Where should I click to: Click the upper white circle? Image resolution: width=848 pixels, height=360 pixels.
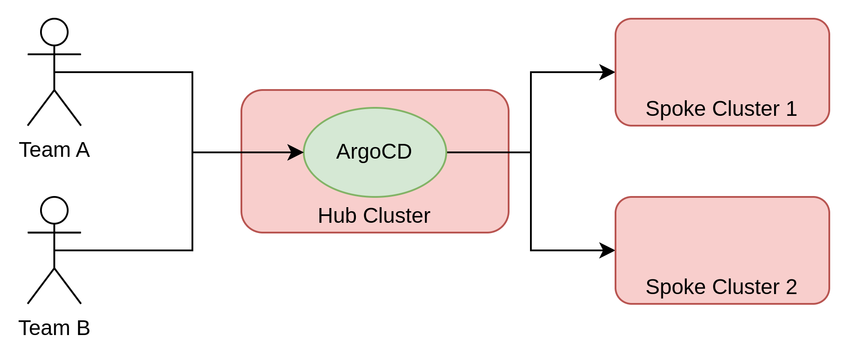coord(54,32)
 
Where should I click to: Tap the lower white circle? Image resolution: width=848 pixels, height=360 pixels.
coord(54,210)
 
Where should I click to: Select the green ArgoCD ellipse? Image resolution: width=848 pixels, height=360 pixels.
coord(375,178)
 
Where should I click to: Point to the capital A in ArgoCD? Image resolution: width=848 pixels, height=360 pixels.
coord(343,152)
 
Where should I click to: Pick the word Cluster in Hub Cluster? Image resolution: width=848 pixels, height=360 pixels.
coord(396,216)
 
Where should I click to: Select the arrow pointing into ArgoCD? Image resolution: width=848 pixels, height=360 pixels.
coord(267,152)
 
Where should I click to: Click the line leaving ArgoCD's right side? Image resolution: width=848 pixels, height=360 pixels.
coord(478,152)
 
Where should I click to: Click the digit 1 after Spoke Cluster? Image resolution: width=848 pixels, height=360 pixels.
coord(791,109)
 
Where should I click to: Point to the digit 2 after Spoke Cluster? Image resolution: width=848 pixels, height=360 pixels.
coord(791,287)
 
